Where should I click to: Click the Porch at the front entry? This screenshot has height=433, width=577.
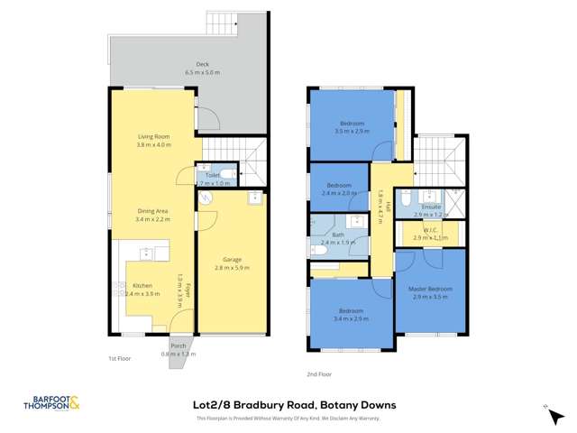[x=179, y=351]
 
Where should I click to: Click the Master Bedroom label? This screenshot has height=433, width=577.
[x=429, y=289]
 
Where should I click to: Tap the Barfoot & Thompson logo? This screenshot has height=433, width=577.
[x=49, y=406]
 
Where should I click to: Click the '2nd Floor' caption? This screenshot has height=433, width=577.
[x=319, y=373]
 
